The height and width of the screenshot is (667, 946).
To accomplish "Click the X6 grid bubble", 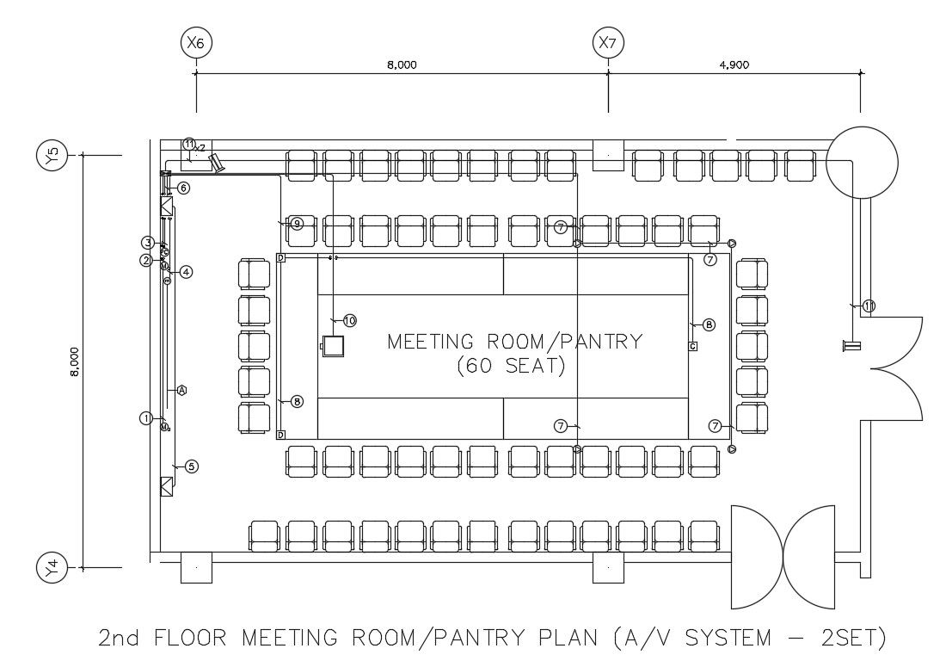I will pos(197,42).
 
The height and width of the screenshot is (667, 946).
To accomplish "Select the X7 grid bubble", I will pos(609,42).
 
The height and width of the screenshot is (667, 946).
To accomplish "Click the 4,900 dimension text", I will pos(733,65).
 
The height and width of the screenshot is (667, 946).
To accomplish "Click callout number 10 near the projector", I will pos(349,320).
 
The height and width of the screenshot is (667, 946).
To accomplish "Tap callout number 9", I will pos(296,224).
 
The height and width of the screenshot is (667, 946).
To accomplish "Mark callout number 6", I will pos(183,188).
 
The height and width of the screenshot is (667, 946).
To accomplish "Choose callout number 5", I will pos(192,466).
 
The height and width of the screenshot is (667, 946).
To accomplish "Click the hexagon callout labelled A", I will pos(181,390).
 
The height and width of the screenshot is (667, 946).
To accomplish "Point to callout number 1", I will pos(145,418).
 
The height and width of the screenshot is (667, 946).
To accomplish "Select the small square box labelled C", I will pos(692,346).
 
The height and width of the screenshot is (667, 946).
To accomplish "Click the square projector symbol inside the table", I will pos(333,346).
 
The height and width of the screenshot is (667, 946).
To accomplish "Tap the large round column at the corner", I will pos(862,161).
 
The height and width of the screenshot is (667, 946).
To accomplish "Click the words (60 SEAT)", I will pos(510,366).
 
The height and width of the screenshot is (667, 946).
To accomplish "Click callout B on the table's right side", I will pos(709,324).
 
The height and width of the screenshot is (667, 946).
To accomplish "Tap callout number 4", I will pos(186,272).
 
